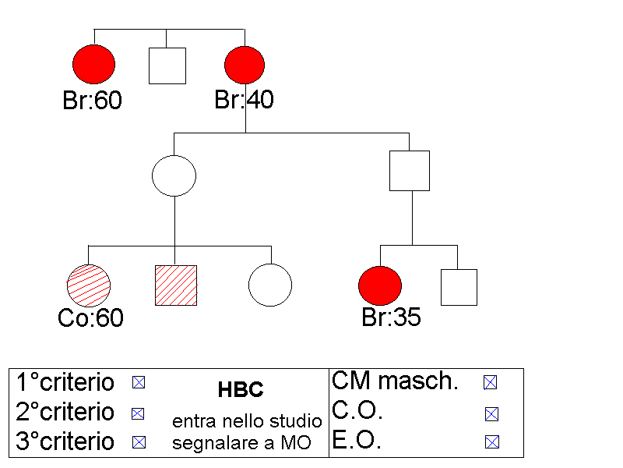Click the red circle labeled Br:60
[93, 65]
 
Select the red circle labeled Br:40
[245, 65]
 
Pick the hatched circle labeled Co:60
[89, 285]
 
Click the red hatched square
[176, 285]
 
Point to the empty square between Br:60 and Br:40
[167, 66]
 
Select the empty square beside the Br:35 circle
[459, 287]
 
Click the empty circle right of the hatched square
[270, 285]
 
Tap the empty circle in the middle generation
[174, 175]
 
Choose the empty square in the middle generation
[410, 171]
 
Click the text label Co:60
[90, 318]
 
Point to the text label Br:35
[392, 317]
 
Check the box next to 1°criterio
[139, 382]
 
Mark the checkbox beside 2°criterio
[139, 413]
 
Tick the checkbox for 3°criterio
[139, 442]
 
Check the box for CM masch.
[491, 382]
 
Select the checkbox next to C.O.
[491, 413]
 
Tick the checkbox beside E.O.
[491, 442]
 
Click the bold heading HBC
[241, 390]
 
